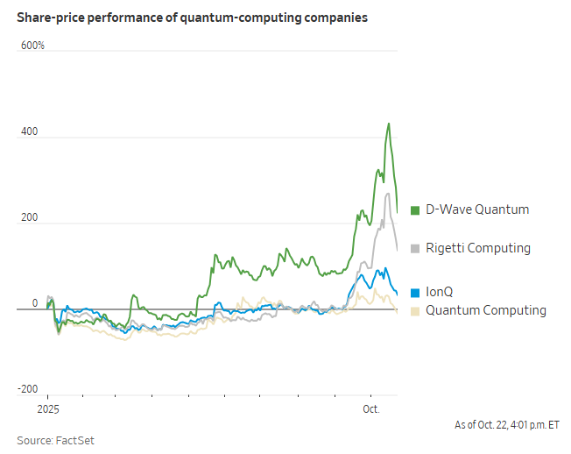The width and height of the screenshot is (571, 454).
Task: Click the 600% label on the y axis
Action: coord(32,45)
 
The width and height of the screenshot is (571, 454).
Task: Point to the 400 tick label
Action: coord(30,131)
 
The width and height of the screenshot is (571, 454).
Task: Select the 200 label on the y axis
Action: coord(30,217)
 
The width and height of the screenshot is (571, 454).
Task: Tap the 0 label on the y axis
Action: coord(35,303)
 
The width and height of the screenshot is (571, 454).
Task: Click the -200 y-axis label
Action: coord(28,389)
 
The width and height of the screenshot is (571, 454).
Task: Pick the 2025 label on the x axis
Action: coord(48,409)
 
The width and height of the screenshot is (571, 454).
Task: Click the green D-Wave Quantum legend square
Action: coord(415,209)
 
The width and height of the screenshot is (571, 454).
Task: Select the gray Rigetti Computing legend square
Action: coord(415,248)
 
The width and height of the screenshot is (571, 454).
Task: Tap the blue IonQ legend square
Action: coord(415,291)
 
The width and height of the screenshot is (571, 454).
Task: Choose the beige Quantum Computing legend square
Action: coord(415,310)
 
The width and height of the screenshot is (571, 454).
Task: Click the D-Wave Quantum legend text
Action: coord(477,209)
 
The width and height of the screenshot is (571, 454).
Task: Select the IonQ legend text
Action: coord(440,291)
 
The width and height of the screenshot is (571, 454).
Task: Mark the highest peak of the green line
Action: coord(389,124)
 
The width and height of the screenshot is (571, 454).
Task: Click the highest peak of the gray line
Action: coord(387,194)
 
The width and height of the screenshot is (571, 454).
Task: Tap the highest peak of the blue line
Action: coord(377,269)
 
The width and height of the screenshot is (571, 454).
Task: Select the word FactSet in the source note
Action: coord(76,440)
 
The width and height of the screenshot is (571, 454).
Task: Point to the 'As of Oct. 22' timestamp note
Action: coord(506,425)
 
